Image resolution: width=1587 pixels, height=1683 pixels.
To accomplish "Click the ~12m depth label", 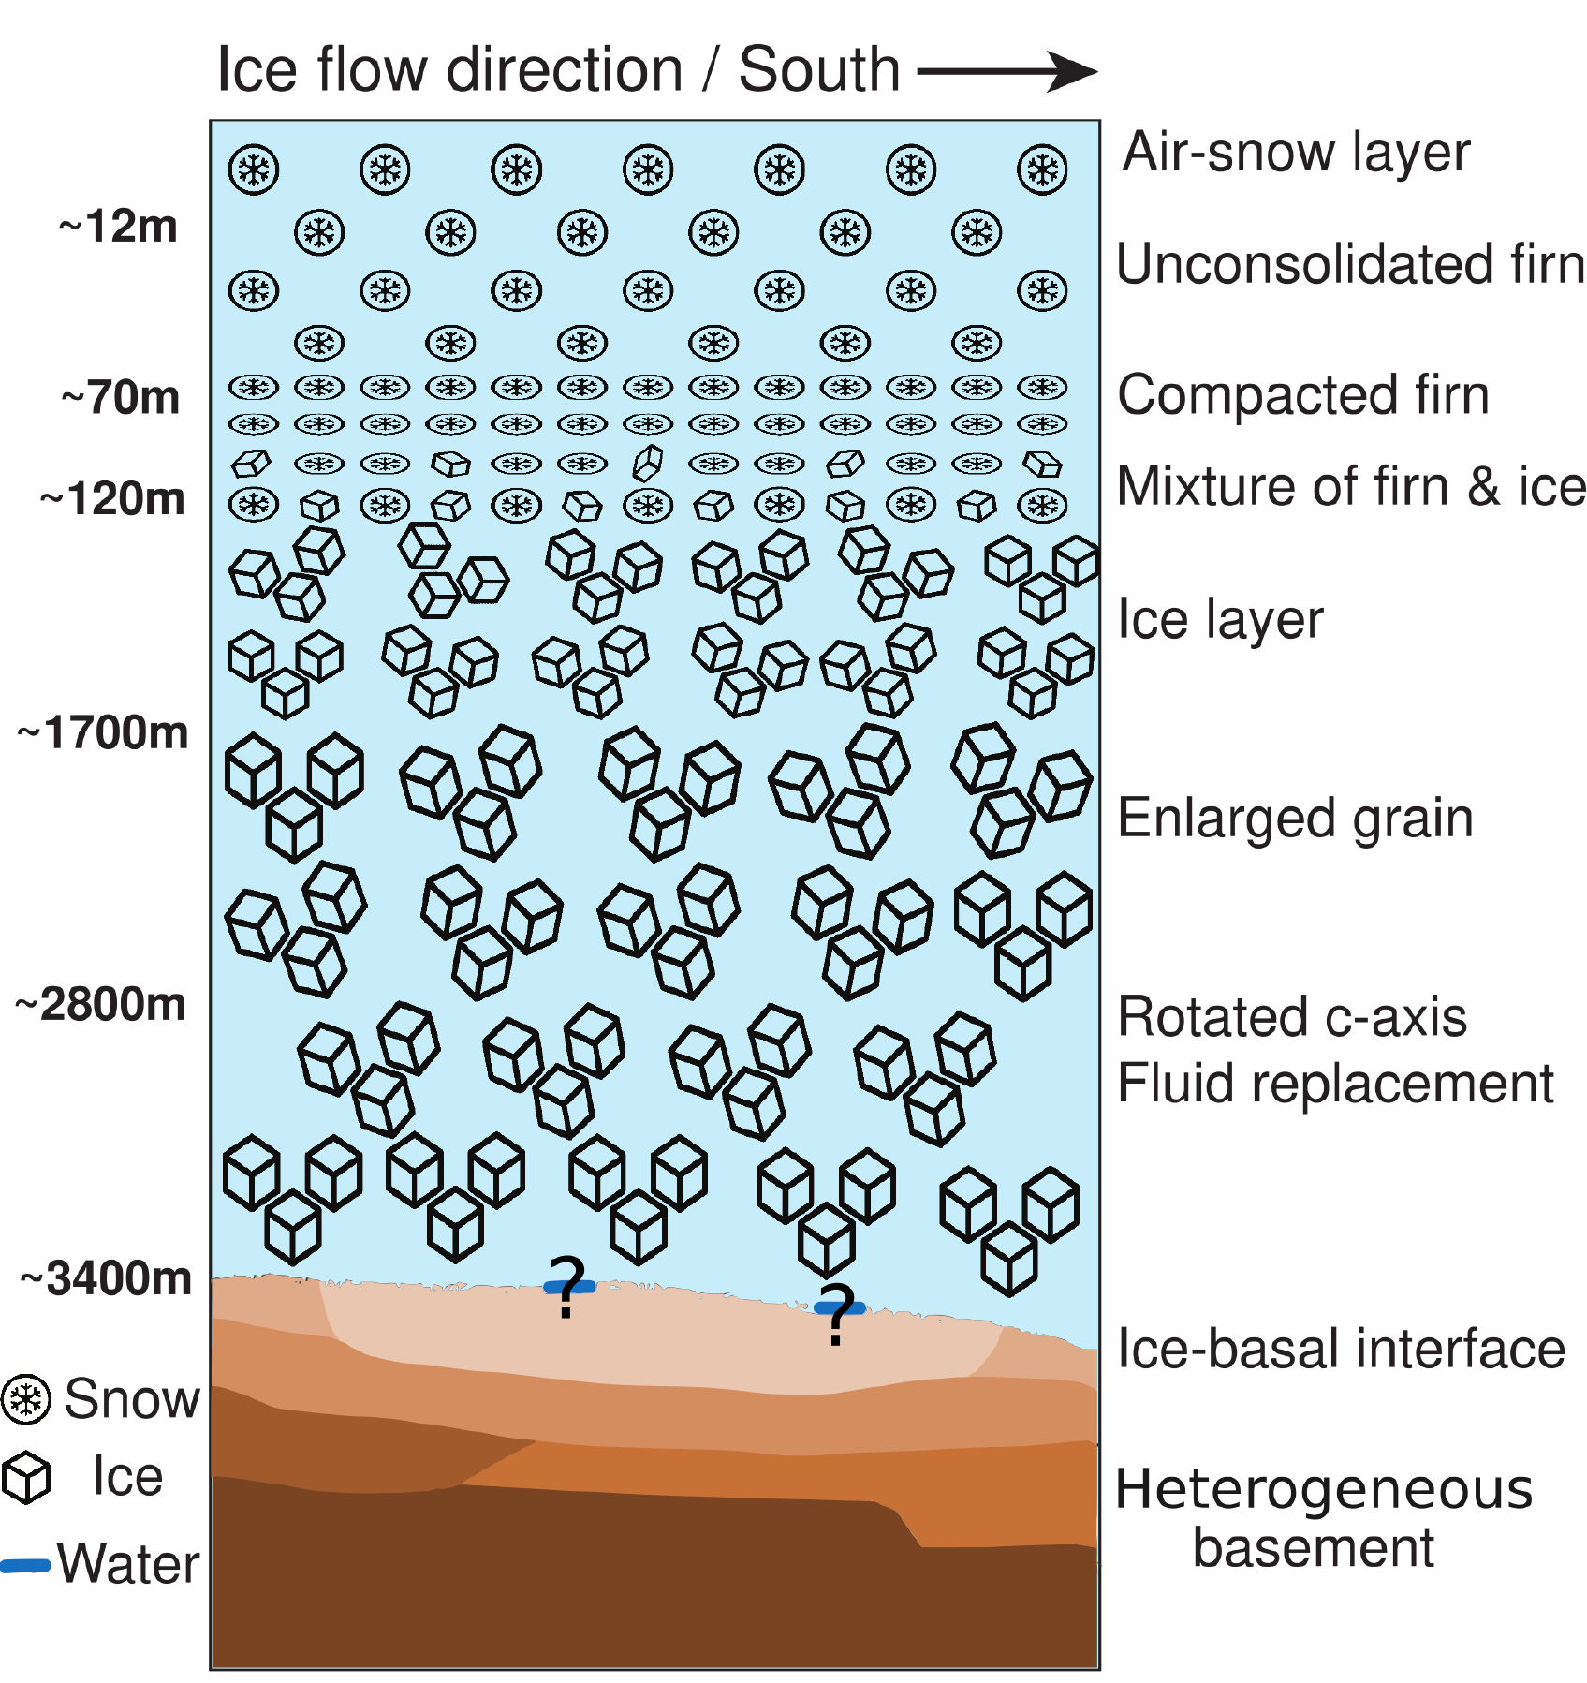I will click(x=118, y=227).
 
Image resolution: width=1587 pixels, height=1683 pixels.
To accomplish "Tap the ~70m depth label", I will click(x=121, y=398).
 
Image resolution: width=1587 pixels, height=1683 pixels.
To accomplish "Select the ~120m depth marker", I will click(x=112, y=499).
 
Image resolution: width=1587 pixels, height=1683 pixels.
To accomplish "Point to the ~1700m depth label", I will click(x=103, y=733).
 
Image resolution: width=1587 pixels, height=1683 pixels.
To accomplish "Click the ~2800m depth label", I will click(x=101, y=1005).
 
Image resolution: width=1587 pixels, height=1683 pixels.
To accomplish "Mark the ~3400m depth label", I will click(x=107, y=1278).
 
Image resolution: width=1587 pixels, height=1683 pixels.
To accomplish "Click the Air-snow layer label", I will click(x=1297, y=152).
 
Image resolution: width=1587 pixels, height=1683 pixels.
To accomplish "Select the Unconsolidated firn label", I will click(x=1350, y=264).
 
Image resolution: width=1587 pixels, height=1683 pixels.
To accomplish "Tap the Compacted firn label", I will click(x=1303, y=395).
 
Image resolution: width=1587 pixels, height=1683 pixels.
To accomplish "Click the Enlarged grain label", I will click(x=1296, y=819).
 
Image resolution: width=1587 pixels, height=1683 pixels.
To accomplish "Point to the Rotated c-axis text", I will click(x=1292, y=1017).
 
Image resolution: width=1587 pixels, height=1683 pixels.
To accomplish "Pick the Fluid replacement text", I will click(x=1335, y=1085).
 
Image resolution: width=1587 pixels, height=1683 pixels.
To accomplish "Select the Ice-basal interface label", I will click(x=1341, y=1350).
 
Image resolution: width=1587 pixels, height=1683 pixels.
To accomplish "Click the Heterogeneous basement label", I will click(x=1322, y=1517).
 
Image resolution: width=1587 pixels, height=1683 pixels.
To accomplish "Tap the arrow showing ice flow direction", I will click(x=1007, y=71).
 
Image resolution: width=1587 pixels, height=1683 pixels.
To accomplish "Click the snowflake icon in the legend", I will click(x=26, y=1400).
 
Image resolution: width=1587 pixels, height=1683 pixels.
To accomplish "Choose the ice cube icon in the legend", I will click(x=26, y=1478).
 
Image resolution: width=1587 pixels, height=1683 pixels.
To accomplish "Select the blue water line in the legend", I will click(x=25, y=1565).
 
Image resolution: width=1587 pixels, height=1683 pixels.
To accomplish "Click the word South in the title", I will click(x=819, y=70).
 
